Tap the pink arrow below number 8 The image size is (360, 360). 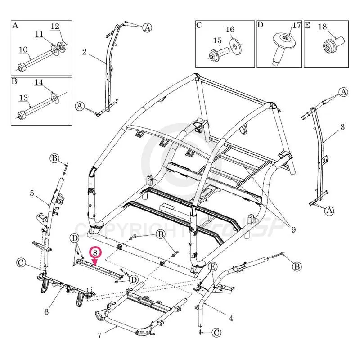click(x=94, y=261)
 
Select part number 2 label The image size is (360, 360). click(x=84, y=52)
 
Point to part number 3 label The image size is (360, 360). click(x=342, y=127)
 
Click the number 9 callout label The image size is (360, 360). click(x=293, y=230)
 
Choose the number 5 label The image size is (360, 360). click(x=32, y=193)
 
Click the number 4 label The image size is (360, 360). click(x=231, y=319)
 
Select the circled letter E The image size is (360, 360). click(x=213, y=267)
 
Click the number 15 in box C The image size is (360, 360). click(x=217, y=40)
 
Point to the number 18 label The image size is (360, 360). click(x=322, y=26)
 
